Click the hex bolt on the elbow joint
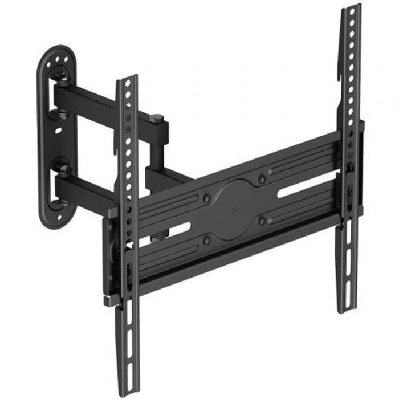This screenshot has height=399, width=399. pos(158,119)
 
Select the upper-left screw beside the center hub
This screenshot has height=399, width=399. pos(207,198)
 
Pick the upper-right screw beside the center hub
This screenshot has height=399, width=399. pos(262,179)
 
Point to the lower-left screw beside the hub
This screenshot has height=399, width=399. pos(207,240)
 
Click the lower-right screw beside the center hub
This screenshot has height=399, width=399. pos(262,220)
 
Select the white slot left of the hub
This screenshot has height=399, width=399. pos(173,231)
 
